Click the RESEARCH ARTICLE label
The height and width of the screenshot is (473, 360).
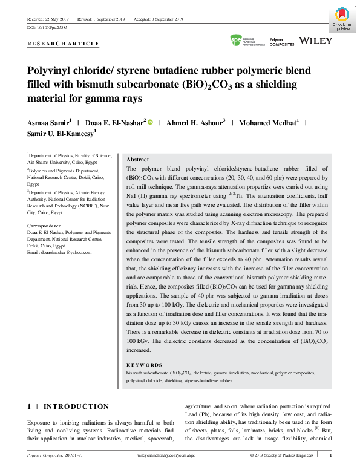click(64, 45)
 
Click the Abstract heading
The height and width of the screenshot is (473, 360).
click(137, 159)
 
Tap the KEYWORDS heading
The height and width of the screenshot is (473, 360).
click(145, 365)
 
